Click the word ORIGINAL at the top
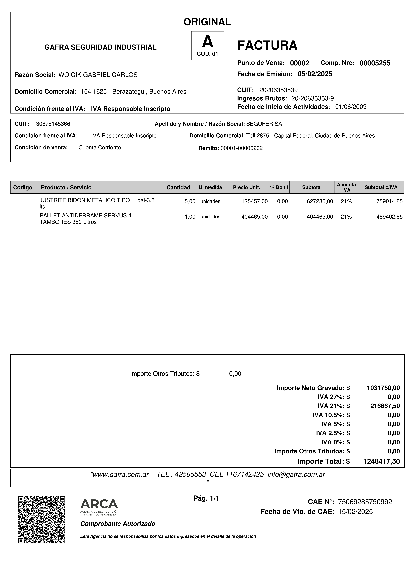pyautogui.click(x=207, y=22)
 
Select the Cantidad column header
pyautogui.click(x=178, y=187)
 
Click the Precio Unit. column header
pyautogui.click(x=246, y=187)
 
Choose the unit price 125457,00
pyautogui.click(x=255, y=201)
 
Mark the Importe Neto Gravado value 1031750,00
pyautogui.click(x=383, y=388)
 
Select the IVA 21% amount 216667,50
pyautogui.click(x=385, y=406)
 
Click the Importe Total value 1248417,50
pyautogui.click(x=381, y=461)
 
